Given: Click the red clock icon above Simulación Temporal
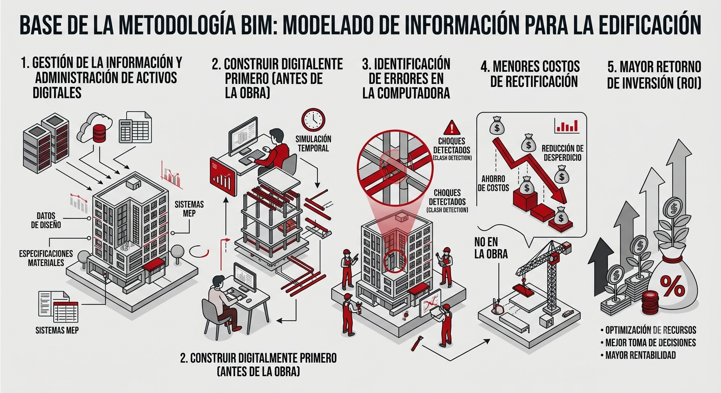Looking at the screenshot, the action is click(313, 120).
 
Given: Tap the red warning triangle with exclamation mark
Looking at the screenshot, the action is click(452, 128).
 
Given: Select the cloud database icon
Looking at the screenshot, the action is click(95, 128).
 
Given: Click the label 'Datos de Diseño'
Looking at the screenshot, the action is click(46, 221).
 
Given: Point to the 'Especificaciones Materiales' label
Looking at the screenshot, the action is click(46, 258).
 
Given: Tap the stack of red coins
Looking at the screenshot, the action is click(650, 303).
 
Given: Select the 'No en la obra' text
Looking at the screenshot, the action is click(491, 248).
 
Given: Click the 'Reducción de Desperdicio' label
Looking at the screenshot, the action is click(562, 153).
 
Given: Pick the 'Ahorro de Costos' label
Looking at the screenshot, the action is click(494, 183).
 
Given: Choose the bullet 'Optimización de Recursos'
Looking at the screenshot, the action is click(648, 330).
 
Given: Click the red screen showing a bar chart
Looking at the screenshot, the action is click(223, 177).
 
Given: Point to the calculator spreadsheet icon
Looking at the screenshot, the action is click(135, 127).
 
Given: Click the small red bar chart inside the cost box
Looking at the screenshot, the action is click(567, 126).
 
